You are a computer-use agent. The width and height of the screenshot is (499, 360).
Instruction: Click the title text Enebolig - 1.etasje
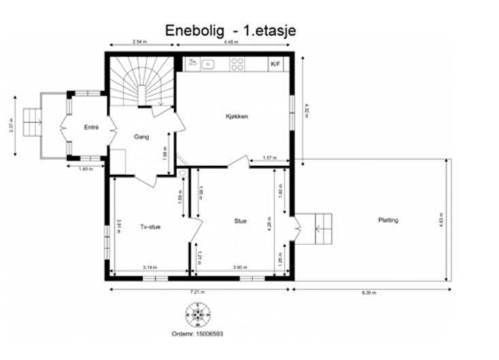(x=231, y=31)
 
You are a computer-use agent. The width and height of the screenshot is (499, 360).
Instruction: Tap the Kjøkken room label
(x=236, y=116)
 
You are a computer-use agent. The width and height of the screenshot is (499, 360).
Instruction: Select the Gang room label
(x=142, y=137)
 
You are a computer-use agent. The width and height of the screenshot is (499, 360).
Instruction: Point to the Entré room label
(x=91, y=127)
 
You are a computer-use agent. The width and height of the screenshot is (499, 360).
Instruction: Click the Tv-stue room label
(x=150, y=227)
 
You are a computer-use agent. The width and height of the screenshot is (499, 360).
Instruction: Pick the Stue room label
(x=240, y=220)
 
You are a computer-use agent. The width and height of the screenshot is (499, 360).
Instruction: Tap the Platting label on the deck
(x=388, y=220)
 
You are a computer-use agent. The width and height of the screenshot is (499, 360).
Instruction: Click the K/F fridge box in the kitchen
(x=276, y=65)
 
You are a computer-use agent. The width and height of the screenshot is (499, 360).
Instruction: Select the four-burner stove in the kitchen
(x=238, y=65)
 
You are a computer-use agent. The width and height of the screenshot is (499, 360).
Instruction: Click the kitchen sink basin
(x=208, y=65)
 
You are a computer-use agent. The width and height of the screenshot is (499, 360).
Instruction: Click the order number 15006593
(x=197, y=334)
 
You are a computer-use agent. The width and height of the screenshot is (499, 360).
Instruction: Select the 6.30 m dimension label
(x=370, y=292)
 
